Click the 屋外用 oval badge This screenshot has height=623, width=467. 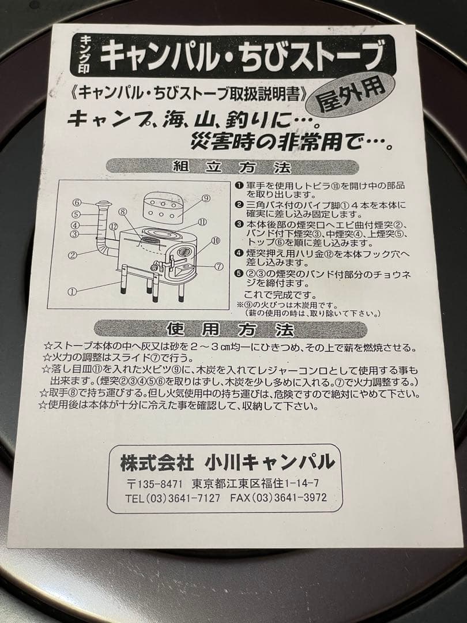point(353,96)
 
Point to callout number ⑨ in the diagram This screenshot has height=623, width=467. point(205,198)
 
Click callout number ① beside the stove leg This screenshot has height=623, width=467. point(72,292)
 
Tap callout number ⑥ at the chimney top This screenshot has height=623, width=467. point(77,202)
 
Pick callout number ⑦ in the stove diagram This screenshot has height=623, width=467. point(219,267)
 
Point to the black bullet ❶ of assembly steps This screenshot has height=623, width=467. point(239,185)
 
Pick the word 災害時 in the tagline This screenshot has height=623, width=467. point(220,140)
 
